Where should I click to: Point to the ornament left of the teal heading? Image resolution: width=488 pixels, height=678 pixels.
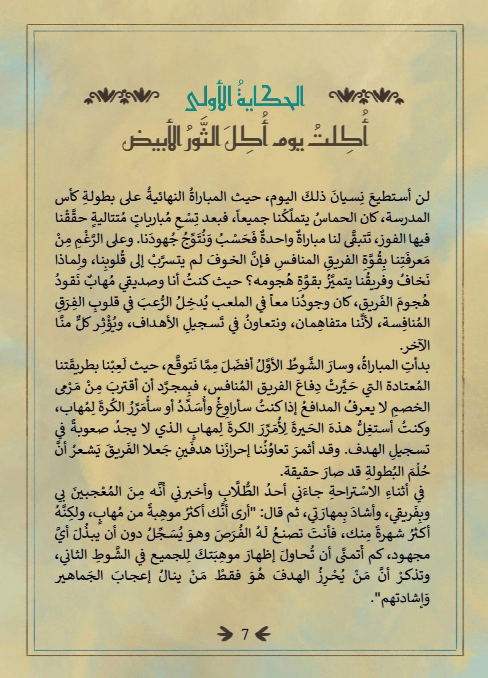point(122,96)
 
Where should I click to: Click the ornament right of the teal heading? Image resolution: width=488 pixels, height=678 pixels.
point(366,96)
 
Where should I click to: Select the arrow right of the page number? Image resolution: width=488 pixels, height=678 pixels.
point(262,634)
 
